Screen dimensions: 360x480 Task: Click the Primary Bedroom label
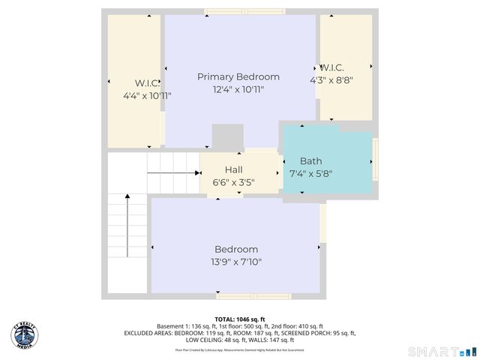click(238, 76)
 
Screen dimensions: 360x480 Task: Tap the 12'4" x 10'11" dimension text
click(238, 89)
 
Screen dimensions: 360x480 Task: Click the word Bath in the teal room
click(310, 161)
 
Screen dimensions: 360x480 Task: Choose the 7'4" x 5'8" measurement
click(310, 173)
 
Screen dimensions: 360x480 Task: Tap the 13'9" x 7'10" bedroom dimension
click(236, 262)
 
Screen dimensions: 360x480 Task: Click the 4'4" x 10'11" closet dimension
click(147, 96)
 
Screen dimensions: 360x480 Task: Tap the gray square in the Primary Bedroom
click(227, 137)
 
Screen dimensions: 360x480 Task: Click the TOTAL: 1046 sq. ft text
click(240, 319)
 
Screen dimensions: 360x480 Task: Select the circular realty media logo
click(24, 334)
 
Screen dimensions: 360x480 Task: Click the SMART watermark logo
click(442, 351)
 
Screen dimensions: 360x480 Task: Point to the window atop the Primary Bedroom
click(244, 11)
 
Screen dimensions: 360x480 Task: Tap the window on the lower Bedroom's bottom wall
click(256, 294)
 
